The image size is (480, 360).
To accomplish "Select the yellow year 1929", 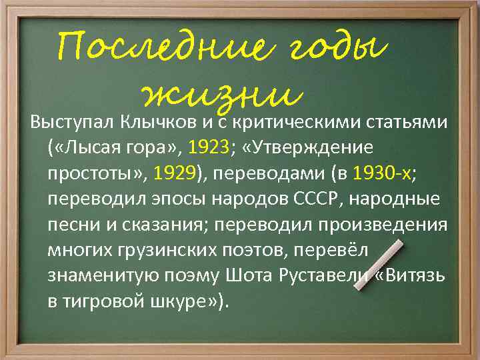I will [x=175, y=173].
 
